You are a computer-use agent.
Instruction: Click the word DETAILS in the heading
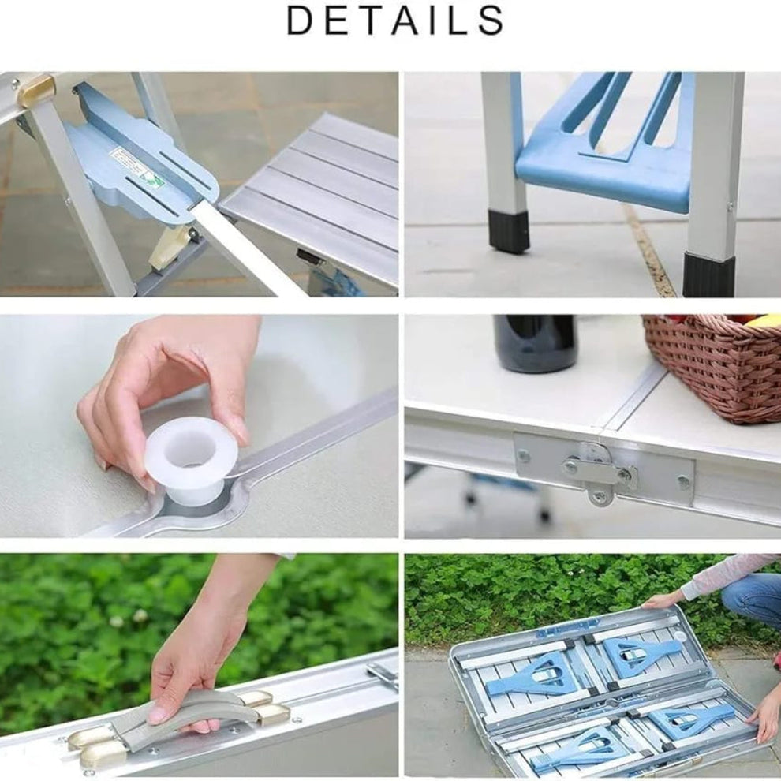click(394, 21)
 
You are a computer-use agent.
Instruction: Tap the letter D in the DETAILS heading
click(301, 21)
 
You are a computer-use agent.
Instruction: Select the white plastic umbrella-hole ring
click(191, 456)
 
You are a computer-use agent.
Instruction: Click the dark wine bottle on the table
click(535, 343)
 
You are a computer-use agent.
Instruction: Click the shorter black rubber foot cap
click(509, 230)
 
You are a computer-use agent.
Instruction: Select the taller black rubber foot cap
click(708, 273)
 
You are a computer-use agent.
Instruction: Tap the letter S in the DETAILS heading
click(491, 21)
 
